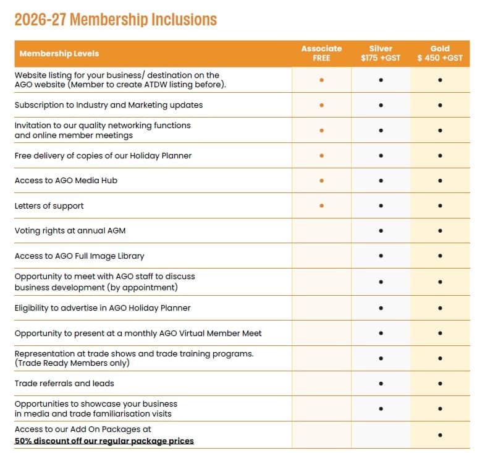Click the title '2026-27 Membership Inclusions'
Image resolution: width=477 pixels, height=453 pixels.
[116, 20]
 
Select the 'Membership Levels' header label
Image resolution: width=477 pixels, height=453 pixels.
[59, 54]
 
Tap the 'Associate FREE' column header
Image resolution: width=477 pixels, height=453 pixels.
[321, 53]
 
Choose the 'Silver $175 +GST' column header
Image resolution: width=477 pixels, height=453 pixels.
[381, 53]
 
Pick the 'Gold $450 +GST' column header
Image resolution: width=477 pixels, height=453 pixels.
[440, 53]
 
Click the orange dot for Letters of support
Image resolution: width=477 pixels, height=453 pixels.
[321, 205]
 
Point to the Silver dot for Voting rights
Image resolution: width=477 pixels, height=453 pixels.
[381, 231]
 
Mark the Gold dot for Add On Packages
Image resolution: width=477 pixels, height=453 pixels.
[440, 435]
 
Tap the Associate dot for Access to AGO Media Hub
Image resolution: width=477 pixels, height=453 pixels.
[321, 181]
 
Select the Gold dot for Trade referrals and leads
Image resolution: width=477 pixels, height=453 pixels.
[440, 384]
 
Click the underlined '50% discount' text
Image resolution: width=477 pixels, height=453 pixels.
[104, 441]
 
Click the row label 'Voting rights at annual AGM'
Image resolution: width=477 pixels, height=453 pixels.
[70, 231]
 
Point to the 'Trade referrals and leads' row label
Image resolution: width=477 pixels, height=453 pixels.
[64, 383]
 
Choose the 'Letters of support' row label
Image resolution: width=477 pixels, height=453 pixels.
[49, 206]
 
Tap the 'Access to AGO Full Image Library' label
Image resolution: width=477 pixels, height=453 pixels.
[80, 256]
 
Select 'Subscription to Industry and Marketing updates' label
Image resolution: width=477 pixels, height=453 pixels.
[109, 105]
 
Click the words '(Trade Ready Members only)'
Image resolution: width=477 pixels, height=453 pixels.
[72, 363]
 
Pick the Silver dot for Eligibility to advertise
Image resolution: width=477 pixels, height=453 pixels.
[381, 308]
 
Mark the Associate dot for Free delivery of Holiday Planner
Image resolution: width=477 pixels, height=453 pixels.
[321, 156]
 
